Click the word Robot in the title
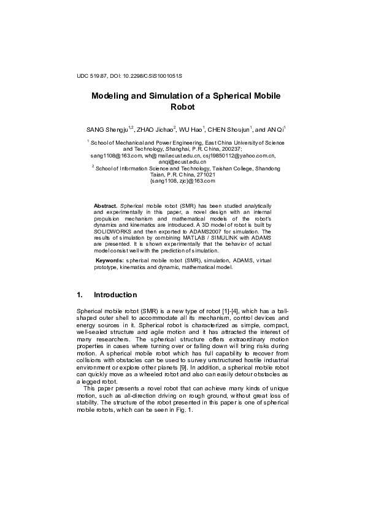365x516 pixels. pyautogui.click(x=182, y=107)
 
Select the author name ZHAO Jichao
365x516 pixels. pyautogui.click(x=155, y=130)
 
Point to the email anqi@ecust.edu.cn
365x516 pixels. pyautogui.click(x=182, y=162)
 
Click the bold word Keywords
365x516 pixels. pyautogui.click(x=110, y=260)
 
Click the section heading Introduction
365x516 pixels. pyautogui.click(x=120, y=295)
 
